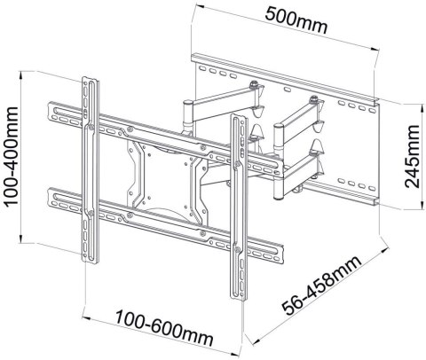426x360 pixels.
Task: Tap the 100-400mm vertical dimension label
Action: point(13,155)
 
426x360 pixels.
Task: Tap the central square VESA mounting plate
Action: point(154,168)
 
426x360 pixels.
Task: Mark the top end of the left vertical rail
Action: point(87,76)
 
